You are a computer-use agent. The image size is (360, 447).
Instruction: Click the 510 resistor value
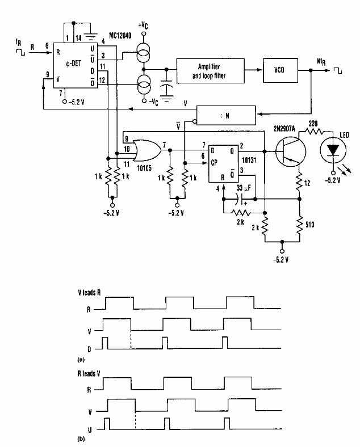coord(309,222)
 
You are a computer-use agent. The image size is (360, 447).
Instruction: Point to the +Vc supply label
coord(144,27)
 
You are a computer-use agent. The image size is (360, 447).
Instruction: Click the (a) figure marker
coord(81,359)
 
